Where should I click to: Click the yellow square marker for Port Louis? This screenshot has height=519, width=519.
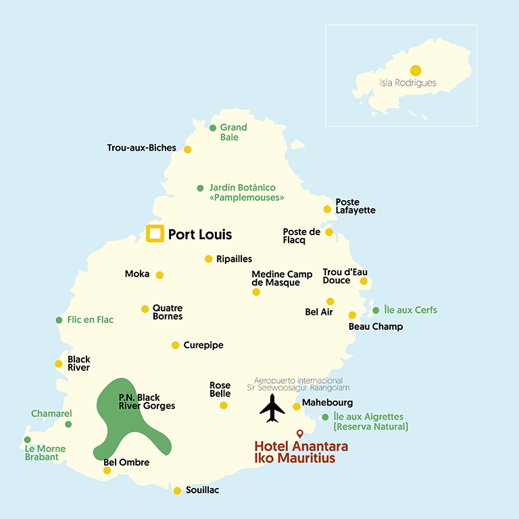click(x=155, y=234)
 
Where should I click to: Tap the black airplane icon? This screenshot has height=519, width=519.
click(x=272, y=408)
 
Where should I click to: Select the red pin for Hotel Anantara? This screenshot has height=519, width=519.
click(x=300, y=433)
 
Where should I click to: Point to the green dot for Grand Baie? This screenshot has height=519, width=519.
click(x=213, y=128)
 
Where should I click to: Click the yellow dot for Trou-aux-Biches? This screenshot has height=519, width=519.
click(x=188, y=149)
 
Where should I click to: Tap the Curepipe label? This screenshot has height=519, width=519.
click(x=203, y=345)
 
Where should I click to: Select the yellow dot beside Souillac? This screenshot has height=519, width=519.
click(x=177, y=491)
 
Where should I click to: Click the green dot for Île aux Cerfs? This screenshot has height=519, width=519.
click(x=376, y=311)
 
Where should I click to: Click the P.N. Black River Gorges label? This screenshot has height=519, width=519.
click(x=147, y=402)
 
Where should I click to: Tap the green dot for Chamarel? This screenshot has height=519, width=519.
click(x=68, y=424)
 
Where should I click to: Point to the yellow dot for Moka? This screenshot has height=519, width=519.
click(x=159, y=275)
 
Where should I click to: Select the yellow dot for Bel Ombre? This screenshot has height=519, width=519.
click(x=107, y=470)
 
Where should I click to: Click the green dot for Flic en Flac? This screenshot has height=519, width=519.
click(x=59, y=320)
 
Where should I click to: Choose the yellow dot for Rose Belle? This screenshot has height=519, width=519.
click(x=224, y=405)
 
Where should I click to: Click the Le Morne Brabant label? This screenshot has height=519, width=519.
click(x=41, y=452)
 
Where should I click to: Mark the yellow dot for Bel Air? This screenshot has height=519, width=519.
click(x=330, y=301)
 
